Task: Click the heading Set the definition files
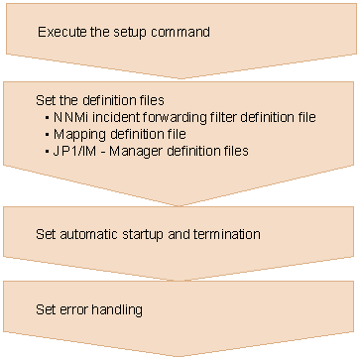coord(100,100)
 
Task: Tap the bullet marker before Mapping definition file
coord(47,134)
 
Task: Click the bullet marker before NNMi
coord(47,117)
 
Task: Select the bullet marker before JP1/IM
coord(47,151)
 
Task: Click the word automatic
coord(89,234)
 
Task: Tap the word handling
coord(117,310)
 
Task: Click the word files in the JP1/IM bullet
coord(236,151)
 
